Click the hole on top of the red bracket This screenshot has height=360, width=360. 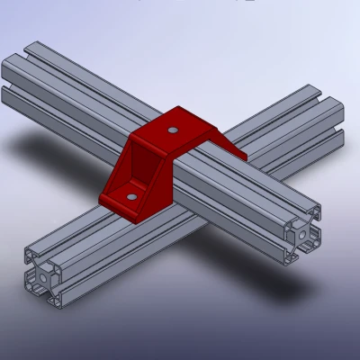point(172,130)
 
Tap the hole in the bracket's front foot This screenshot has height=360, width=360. point(132,194)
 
